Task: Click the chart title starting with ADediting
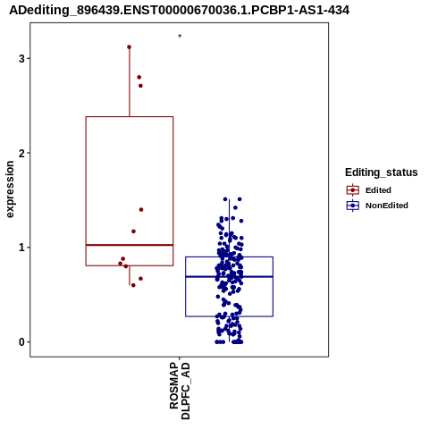point(179,11)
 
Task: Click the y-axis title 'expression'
point(10,189)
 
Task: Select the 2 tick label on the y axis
point(22,153)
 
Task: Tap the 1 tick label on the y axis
point(22,248)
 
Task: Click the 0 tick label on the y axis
point(22,342)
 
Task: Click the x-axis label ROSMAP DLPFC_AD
point(180,391)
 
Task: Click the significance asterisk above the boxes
point(180,37)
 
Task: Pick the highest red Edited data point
point(129,47)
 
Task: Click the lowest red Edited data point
point(133,285)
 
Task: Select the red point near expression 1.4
point(141,210)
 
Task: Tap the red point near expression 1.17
point(133,231)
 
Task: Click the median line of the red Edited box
point(130,245)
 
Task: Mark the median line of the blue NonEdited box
point(230,277)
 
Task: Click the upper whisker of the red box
point(130,81)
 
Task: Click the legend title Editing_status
point(382,172)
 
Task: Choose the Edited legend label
point(378,190)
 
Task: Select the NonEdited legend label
point(387,206)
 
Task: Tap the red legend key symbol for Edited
point(353,190)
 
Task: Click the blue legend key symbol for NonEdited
point(353,206)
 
